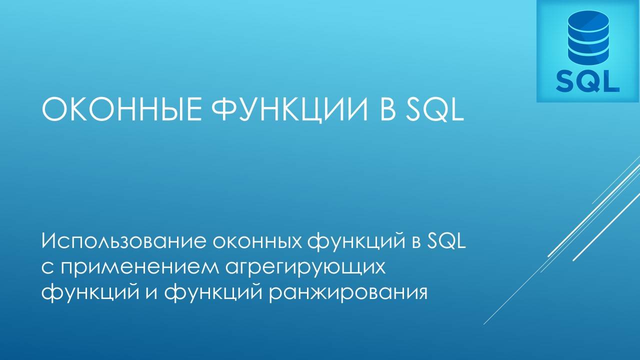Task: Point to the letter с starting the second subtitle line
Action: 47,267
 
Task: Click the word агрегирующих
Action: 304,267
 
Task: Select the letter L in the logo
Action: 611,80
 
